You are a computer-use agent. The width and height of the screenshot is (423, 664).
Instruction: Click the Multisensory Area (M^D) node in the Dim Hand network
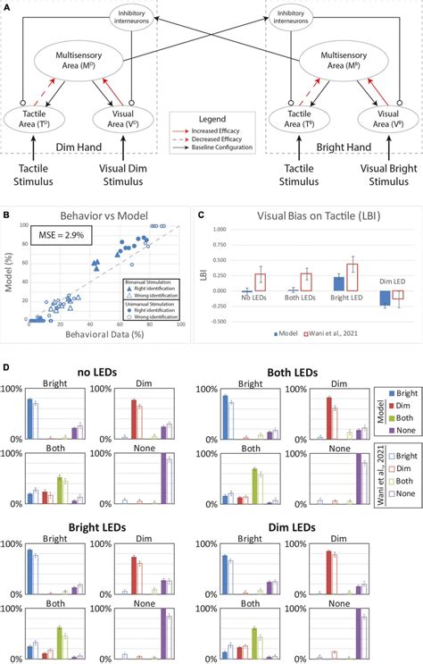(94, 64)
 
